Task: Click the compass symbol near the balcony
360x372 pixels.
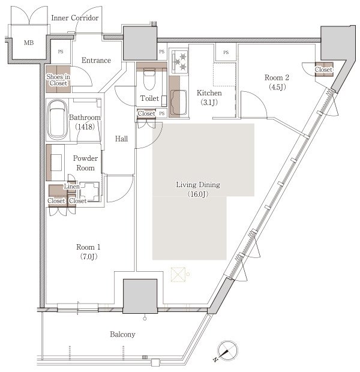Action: (x=227, y=350)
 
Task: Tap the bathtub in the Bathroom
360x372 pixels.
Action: (x=57, y=120)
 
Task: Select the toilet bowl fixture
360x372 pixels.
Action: (x=149, y=79)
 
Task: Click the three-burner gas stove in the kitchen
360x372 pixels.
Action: (x=180, y=61)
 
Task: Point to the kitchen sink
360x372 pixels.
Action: (x=179, y=102)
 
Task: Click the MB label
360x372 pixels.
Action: (x=29, y=43)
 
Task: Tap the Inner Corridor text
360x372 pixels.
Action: (x=75, y=18)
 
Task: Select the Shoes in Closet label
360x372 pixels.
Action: (x=58, y=80)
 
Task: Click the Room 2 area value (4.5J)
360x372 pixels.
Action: (x=277, y=87)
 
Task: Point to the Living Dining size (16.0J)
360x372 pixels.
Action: (x=198, y=194)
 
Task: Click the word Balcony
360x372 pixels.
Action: (x=122, y=334)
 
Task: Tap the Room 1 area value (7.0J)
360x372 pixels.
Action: (x=89, y=256)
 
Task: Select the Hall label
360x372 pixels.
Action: (x=121, y=139)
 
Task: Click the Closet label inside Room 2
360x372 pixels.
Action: (x=323, y=70)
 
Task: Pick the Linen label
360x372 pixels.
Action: (x=71, y=187)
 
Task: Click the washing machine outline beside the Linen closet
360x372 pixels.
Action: (x=89, y=191)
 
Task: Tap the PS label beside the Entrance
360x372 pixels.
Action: (x=61, y=52)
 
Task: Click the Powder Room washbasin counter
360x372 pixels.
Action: (x=55, y=163)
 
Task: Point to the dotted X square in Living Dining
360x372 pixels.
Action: (x=178, y=274)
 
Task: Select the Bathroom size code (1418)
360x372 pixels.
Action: (x=85, y=127)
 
